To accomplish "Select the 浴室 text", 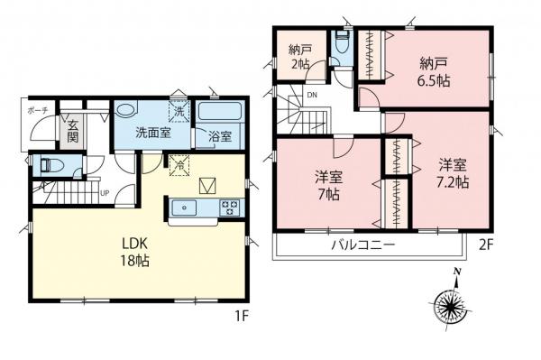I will pos(220,137).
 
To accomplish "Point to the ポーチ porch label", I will pos(38,109).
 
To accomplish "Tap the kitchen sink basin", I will pos(187,208).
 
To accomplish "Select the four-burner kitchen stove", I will pos(229,208).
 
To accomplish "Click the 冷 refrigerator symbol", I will pos(179,165).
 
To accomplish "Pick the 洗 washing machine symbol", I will pos(179,112).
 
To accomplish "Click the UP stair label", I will pos(105,192).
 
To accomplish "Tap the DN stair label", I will pos(312,95).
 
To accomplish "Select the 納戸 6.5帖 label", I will pos(435,71).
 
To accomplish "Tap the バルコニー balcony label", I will pos(362,245).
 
